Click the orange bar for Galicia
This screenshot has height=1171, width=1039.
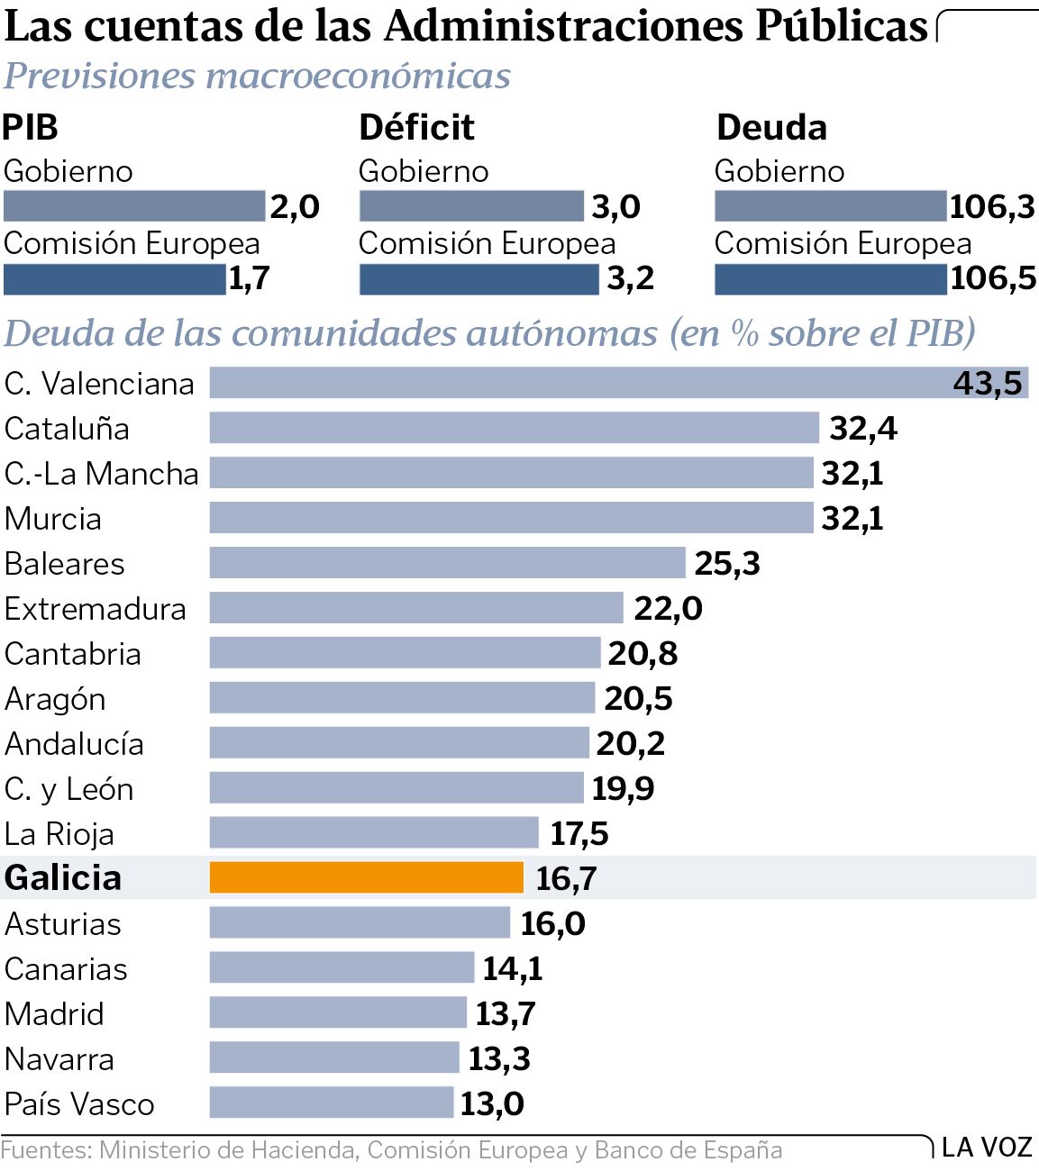click(366, 877)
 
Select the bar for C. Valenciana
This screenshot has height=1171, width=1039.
click(618, 383)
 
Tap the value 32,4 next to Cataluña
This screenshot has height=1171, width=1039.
click(862, 428)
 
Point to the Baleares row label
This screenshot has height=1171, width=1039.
click(65, 564)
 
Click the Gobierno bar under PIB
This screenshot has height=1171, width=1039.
click(134, 206)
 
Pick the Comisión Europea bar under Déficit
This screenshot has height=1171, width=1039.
click(478, 279)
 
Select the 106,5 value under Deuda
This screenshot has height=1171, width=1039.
click(993, 277)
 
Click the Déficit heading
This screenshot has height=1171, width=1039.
click(416, 128)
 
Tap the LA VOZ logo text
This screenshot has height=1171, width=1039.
click(987, 1148)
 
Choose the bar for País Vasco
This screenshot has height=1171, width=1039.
click(331, 1103)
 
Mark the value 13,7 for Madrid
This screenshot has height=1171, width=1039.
click(505, 1013)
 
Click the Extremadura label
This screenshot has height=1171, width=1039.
click(95, 609)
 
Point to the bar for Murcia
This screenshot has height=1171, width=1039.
click(511, 518)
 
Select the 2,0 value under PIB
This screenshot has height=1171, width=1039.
click(295, 206)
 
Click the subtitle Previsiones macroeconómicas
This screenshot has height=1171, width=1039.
click(257, 77)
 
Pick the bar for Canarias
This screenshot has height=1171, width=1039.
click(342, 968)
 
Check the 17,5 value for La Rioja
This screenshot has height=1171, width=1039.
click(579, 833)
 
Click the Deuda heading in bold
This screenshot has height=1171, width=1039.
click(771, 128)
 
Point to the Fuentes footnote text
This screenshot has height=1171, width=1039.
click(391, 1150)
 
